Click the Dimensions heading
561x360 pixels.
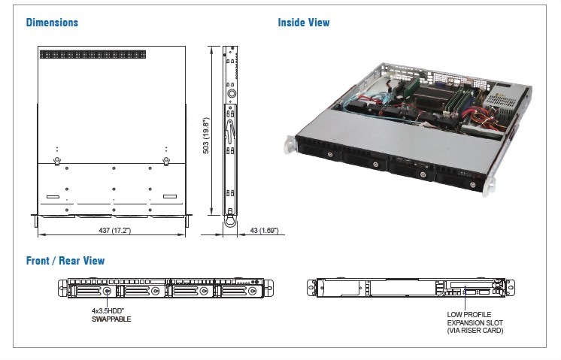coord(52,23)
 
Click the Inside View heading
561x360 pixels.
coord(304,23)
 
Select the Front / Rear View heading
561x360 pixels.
coord(65,261)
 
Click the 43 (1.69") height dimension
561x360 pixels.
coord(264,230)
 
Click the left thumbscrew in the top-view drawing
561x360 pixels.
coord(57,160)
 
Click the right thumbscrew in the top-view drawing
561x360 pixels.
coord(167,160)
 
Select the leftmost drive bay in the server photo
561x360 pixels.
coord(319,147)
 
